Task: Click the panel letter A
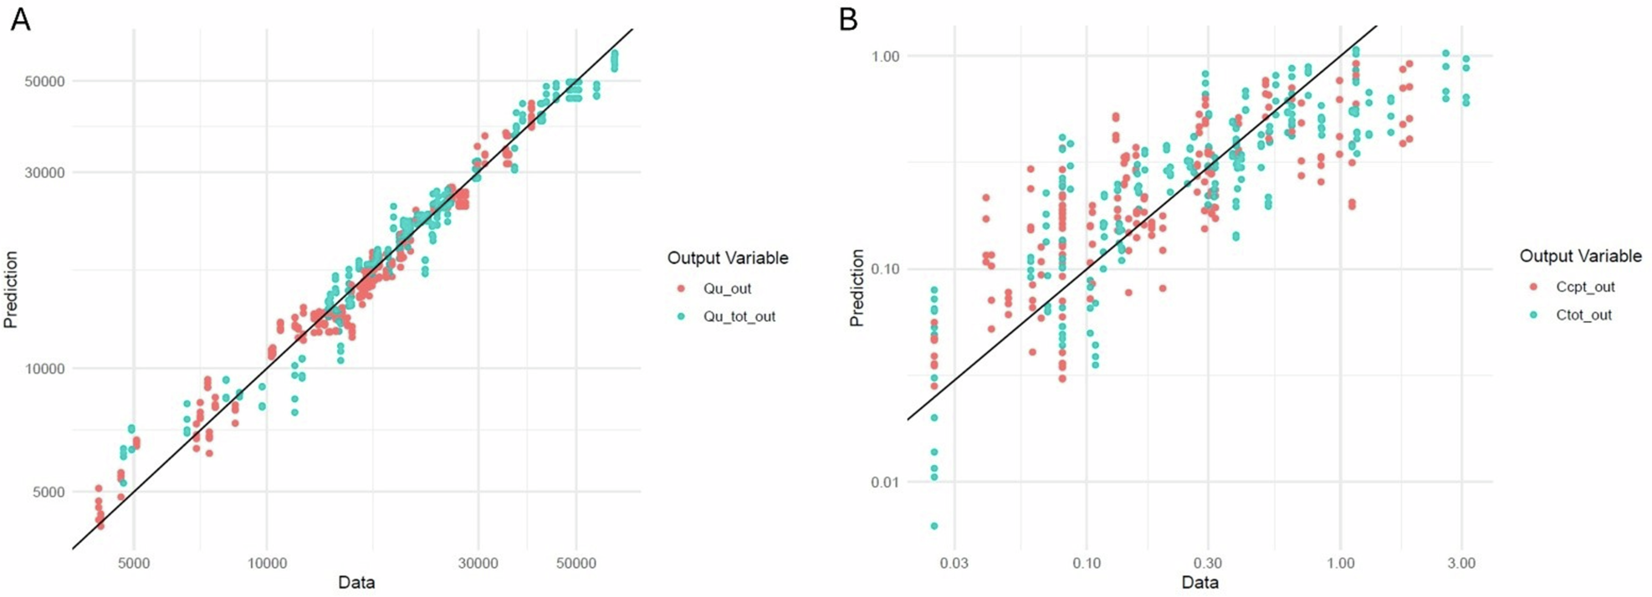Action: (20, 19)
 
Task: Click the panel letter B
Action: (848, 19)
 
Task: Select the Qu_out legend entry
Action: (727, 288)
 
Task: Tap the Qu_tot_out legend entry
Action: (739, 317)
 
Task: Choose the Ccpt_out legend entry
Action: (1584, 287)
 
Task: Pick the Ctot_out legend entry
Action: (1583, 315)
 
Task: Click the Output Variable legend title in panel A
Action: (727, 258)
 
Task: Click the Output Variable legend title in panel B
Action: (1580, 257)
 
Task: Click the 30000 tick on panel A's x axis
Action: (478, 564)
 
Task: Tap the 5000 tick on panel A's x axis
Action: (134, 564)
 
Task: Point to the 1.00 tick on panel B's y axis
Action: (886, 56)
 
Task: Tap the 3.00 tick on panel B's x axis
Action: (1461, 564)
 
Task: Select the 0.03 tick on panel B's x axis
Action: (954, 564)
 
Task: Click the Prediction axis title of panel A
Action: (11, 289)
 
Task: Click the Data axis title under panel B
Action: (1199, 583)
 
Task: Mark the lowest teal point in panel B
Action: (934, 526)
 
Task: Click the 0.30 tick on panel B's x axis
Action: (1207, 564)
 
